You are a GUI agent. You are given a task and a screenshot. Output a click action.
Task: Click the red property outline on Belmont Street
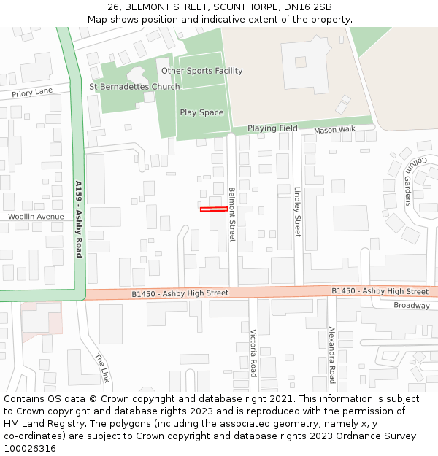click(213, 209)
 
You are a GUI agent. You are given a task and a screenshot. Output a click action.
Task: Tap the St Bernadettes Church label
click(134, 87)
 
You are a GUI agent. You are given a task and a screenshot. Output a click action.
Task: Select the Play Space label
click(201, 112)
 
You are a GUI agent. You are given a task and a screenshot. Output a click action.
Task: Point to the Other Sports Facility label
click(201, 71)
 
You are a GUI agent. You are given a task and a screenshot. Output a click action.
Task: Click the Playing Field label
click(272, 128)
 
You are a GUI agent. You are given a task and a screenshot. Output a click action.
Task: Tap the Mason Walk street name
click(334, 130)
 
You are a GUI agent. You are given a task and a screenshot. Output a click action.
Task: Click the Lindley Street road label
click(297, 212)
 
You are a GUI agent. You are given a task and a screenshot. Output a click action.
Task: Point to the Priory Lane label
click(33, 92)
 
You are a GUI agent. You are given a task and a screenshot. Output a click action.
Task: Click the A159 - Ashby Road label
click(79, 219)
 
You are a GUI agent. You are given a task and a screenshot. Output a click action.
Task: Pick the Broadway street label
click(412, 306)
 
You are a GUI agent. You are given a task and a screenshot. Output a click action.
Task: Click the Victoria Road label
click(253, 353)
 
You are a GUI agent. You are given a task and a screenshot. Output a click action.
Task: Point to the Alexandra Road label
click(331, 355)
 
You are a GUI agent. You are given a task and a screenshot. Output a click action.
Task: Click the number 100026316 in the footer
click(30, 448)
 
